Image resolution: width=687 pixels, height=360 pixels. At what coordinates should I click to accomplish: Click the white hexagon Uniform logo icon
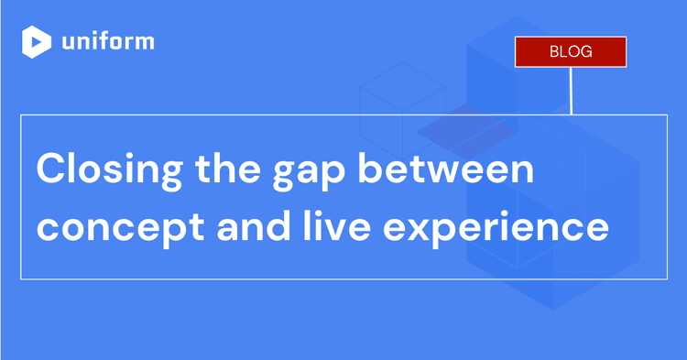37,42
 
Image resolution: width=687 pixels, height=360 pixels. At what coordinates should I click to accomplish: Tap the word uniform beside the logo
108,42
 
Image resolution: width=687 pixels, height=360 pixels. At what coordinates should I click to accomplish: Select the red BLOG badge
570,51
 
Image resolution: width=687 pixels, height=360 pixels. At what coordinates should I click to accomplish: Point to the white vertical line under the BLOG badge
571,91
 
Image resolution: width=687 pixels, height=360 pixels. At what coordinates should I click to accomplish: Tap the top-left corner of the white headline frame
21,115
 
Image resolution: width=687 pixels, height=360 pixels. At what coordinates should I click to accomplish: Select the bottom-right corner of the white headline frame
666,278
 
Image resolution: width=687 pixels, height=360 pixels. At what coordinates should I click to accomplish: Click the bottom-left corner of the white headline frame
21,278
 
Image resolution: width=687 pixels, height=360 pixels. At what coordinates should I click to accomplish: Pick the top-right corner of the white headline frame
666,115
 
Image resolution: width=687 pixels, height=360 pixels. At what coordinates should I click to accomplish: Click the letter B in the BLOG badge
553,51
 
